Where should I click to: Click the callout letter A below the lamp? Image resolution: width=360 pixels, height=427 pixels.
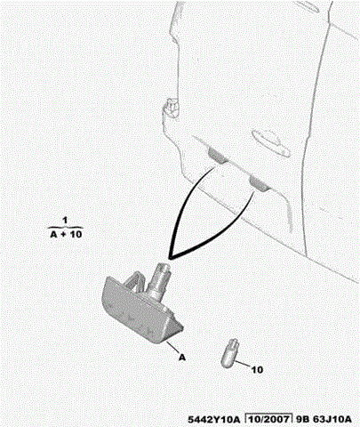point(182,358)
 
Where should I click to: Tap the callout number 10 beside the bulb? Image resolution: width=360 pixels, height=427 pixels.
point(257,370)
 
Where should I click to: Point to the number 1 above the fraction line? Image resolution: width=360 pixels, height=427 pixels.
point(65,221)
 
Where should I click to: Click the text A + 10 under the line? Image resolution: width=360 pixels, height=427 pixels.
point(66,234)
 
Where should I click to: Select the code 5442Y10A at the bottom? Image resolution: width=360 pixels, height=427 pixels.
point(213,419)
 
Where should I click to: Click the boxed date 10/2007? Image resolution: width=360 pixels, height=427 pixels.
point(268,419)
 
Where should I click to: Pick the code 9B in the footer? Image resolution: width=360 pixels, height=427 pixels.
point(301,419)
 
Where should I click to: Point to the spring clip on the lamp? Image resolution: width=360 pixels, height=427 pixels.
point(136,281)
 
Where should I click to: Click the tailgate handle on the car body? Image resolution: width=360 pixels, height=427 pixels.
point(270,142)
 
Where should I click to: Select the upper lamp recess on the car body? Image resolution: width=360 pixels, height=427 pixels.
point(218,156)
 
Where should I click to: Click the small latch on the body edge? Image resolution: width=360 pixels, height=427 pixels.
point(172,107)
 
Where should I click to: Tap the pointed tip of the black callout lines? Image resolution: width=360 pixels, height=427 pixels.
point(169,257)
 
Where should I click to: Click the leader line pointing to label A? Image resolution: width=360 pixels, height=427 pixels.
point(173,347)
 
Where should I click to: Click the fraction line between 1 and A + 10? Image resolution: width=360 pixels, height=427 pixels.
point(65,228)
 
